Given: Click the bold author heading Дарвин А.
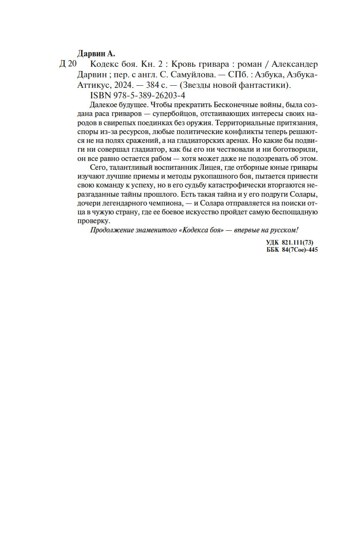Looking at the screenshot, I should click(96, 53).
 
